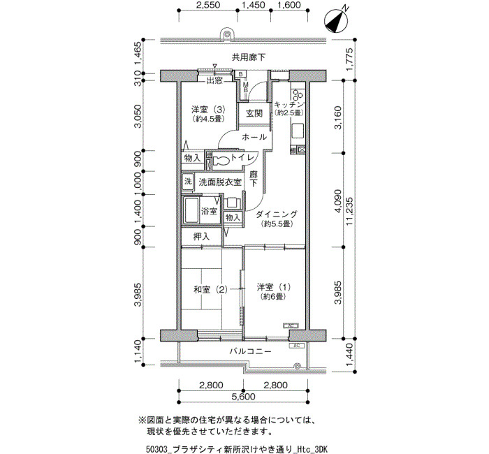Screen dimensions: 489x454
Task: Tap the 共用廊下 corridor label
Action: tap(249, 57)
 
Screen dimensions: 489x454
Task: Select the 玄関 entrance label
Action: tap(254, 113)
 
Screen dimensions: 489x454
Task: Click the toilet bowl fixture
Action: tap(221, 160)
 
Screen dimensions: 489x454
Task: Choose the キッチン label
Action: tap(289, 105)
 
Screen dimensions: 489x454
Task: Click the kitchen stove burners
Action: tap(298, 94)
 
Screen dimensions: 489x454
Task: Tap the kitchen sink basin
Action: tap(298, 131)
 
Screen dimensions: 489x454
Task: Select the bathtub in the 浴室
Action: tap(191, 210)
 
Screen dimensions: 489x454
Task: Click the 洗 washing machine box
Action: tap(187, 181)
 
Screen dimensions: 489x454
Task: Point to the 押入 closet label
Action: tap(201, 237)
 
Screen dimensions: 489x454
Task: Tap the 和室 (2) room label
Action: tap(211, 290)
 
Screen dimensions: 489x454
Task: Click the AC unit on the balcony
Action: tap(297, 346)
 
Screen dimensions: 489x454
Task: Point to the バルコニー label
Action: tap(250, 352)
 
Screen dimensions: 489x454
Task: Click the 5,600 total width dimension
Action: tap(243, 397)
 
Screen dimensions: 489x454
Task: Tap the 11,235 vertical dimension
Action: tap(349, 212)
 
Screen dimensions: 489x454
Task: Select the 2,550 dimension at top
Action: tap(208, 5)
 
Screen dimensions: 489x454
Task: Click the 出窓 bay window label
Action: tap(214, 81)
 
